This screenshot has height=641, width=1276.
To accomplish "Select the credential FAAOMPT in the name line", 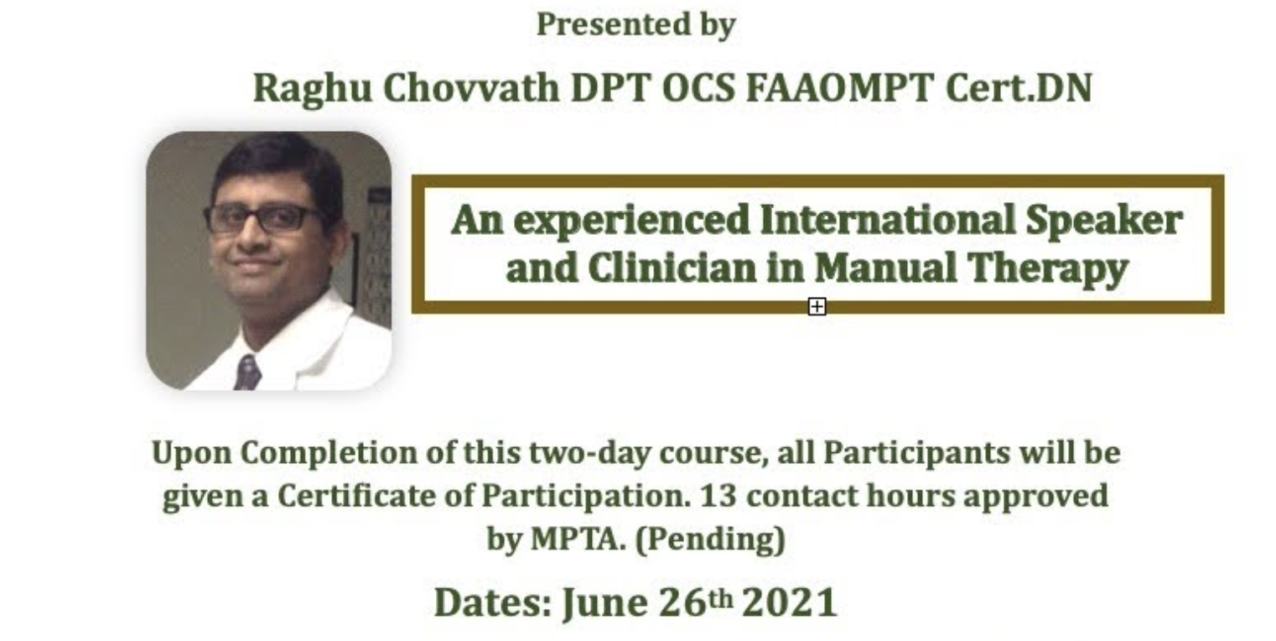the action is click(x=840, y=88).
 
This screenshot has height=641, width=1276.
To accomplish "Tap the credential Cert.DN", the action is click(x=1019, y=88).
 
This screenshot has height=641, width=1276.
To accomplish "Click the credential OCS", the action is click(x=698, y=88).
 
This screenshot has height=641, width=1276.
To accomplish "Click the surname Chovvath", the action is click(x=471, y=88).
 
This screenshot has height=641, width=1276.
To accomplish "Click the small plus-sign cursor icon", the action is click(x=817, y=307).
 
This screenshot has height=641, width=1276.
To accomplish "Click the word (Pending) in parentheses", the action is click(x=710, y=539).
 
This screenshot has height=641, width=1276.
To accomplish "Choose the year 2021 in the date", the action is click(x=790, y=602).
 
